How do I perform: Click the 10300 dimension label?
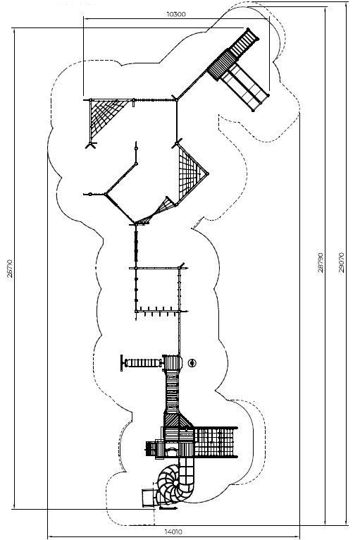176,14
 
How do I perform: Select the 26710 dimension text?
10,269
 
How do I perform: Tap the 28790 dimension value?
321,263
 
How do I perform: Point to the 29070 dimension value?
341,263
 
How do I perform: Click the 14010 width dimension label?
173,532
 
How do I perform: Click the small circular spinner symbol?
192,362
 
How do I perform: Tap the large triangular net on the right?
190,176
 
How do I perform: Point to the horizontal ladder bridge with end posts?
142,362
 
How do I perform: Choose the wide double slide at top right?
244,87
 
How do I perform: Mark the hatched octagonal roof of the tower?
177,421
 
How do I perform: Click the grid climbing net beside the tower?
216,442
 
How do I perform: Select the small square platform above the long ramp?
172,362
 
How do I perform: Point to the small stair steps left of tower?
151,448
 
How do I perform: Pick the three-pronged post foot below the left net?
91,145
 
